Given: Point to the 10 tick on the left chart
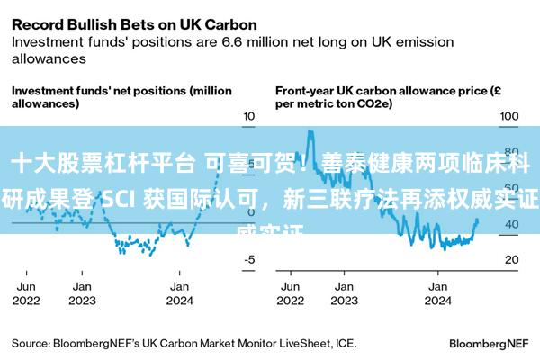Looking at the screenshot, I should (x=249, y=118).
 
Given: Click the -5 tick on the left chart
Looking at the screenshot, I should (x=249, y=259).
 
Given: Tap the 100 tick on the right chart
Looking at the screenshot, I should (x=510, y=118).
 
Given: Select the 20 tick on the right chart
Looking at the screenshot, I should (x=510, y=259).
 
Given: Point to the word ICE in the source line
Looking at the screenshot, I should (x=346, y=343).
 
